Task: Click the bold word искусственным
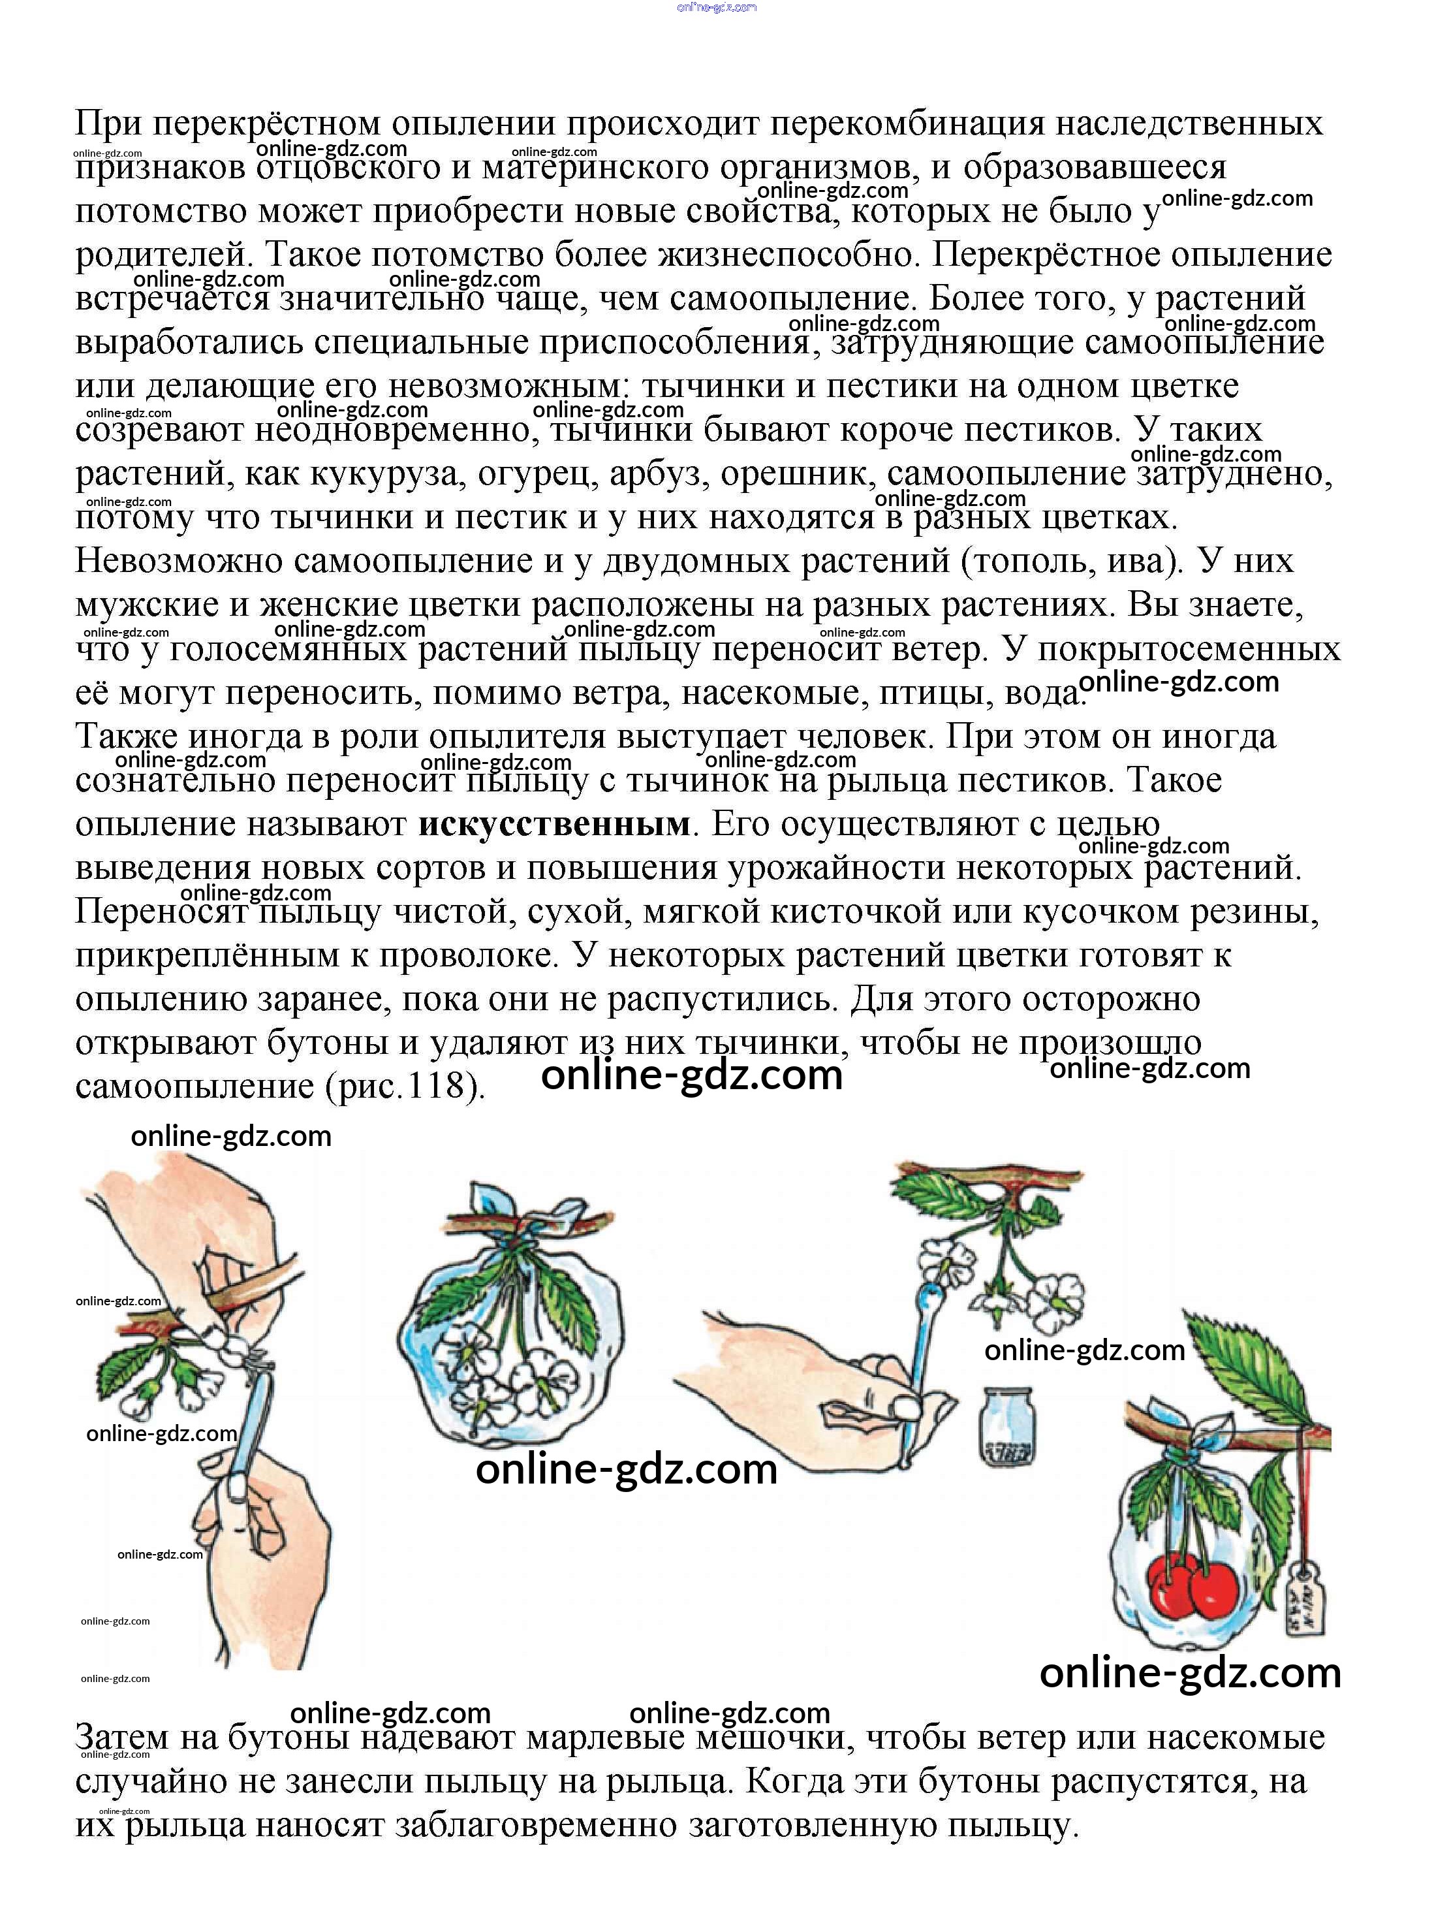pyautogui.click(x=553, y=823)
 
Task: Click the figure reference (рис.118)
pyautogui.click(x=405, y=1086)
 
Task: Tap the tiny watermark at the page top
pyautogui.click(x=716, y=7)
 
